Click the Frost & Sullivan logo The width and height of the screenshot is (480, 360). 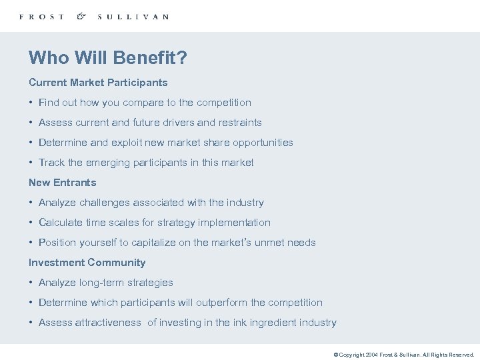[x=93, y=17]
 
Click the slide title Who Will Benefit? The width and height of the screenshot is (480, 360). [x=107, y=58]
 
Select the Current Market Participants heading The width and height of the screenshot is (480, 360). [x=98, y=83]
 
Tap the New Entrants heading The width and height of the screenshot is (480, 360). [x=62, y=183]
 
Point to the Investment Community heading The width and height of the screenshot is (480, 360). [x=87, y=263]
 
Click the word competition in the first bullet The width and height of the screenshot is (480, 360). [x=224, y=103]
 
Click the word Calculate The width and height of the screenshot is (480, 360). [x=61, y=223]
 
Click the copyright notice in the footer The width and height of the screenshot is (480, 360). [x=403, y=355]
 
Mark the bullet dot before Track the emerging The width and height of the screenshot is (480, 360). [x=31, y=163]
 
